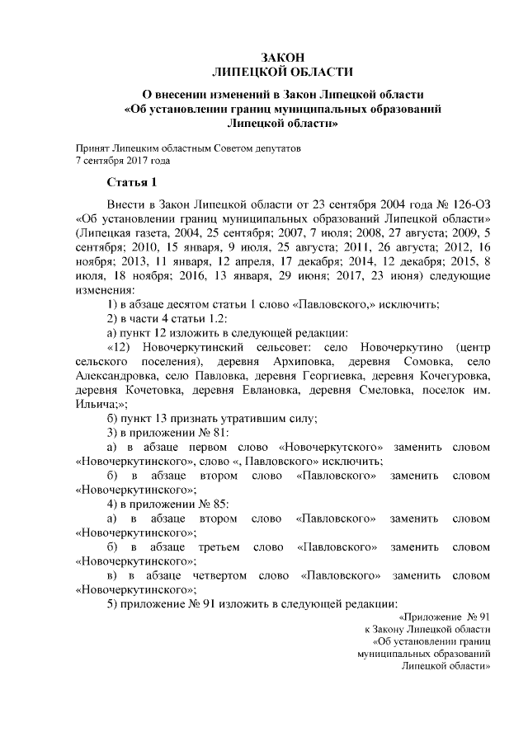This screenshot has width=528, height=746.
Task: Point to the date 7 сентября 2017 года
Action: (x=122, y=162)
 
